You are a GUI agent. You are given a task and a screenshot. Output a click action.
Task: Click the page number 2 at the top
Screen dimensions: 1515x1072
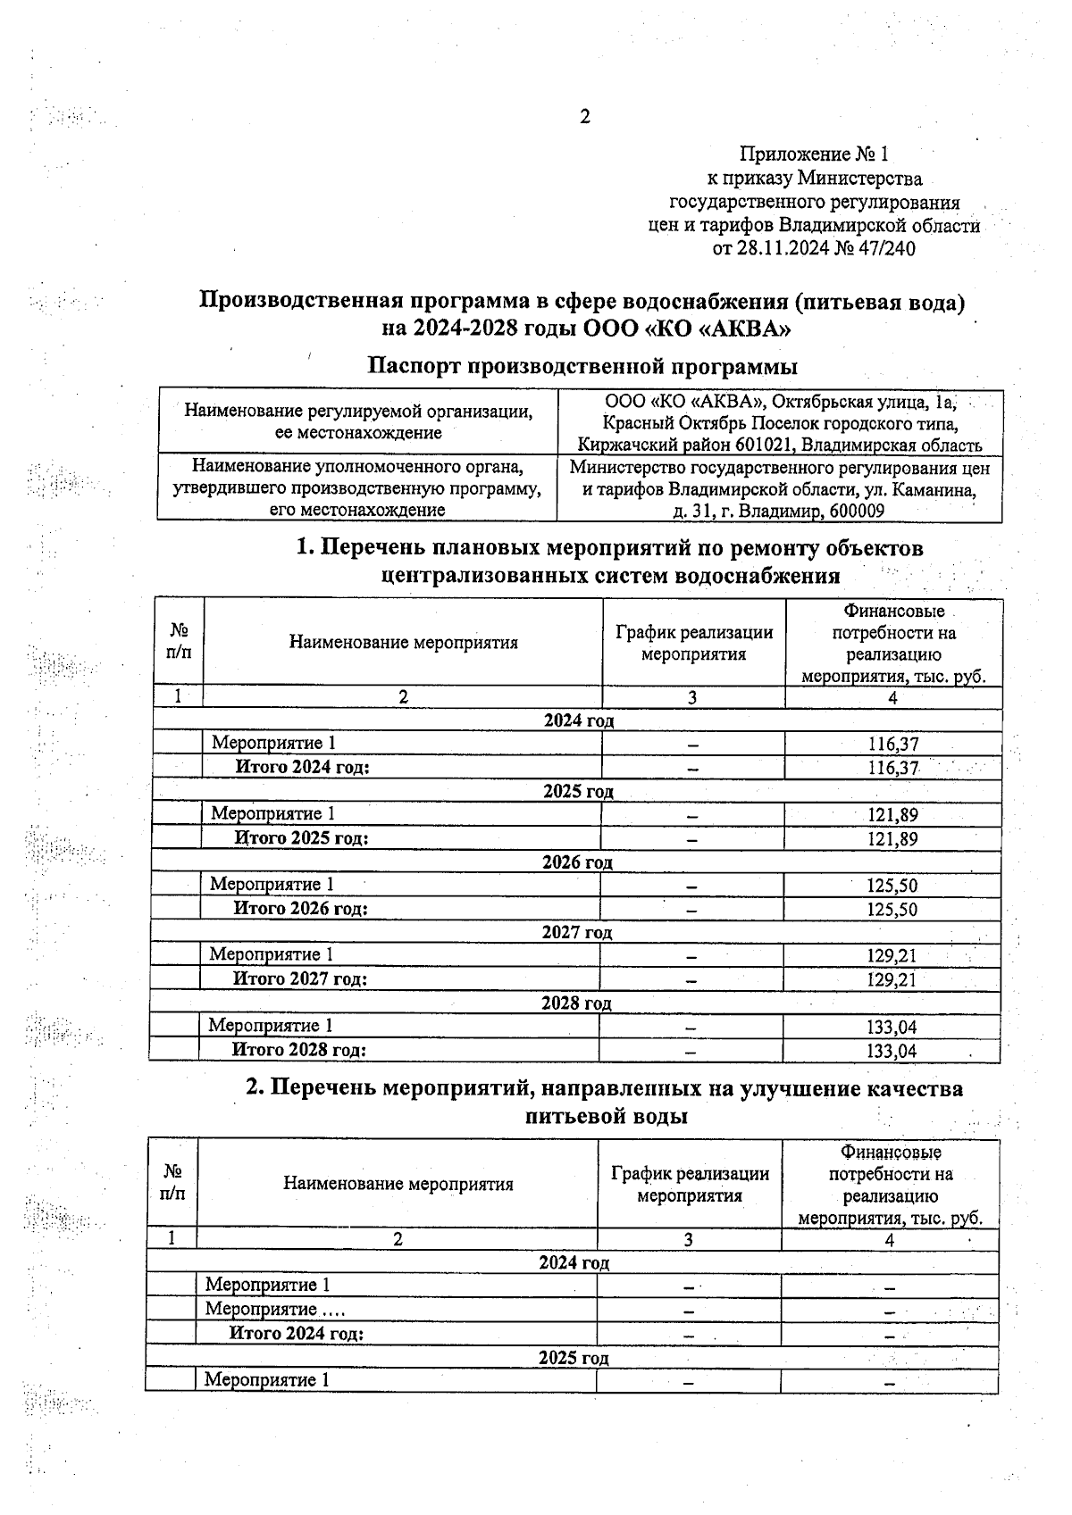585,117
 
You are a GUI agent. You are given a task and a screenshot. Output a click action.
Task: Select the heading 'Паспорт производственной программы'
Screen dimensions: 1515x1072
582,366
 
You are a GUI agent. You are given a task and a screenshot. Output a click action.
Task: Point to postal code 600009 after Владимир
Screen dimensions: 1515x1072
857,511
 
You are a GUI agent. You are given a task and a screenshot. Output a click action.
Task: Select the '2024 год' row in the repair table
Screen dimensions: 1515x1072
579,720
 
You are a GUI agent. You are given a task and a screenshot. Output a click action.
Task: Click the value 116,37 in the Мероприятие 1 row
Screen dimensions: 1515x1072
893,744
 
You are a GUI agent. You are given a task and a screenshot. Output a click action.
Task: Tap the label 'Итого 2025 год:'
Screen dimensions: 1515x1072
301,837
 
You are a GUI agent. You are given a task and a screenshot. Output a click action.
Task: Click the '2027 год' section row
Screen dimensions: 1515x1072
577,932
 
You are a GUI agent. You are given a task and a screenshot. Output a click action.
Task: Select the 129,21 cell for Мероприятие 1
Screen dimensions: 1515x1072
892,955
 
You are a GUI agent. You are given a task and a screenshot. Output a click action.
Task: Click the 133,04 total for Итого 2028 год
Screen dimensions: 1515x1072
892,1051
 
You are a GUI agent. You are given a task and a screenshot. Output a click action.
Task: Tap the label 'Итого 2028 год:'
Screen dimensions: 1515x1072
298,1050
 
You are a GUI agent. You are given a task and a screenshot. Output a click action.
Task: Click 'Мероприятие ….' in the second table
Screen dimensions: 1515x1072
274,1309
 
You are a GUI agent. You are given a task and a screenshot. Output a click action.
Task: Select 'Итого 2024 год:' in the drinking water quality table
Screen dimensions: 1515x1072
296,1333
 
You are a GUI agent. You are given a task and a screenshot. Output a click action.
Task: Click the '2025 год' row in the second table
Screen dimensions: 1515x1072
574,1358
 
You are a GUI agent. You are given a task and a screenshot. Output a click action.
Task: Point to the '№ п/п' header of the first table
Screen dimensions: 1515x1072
179,642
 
